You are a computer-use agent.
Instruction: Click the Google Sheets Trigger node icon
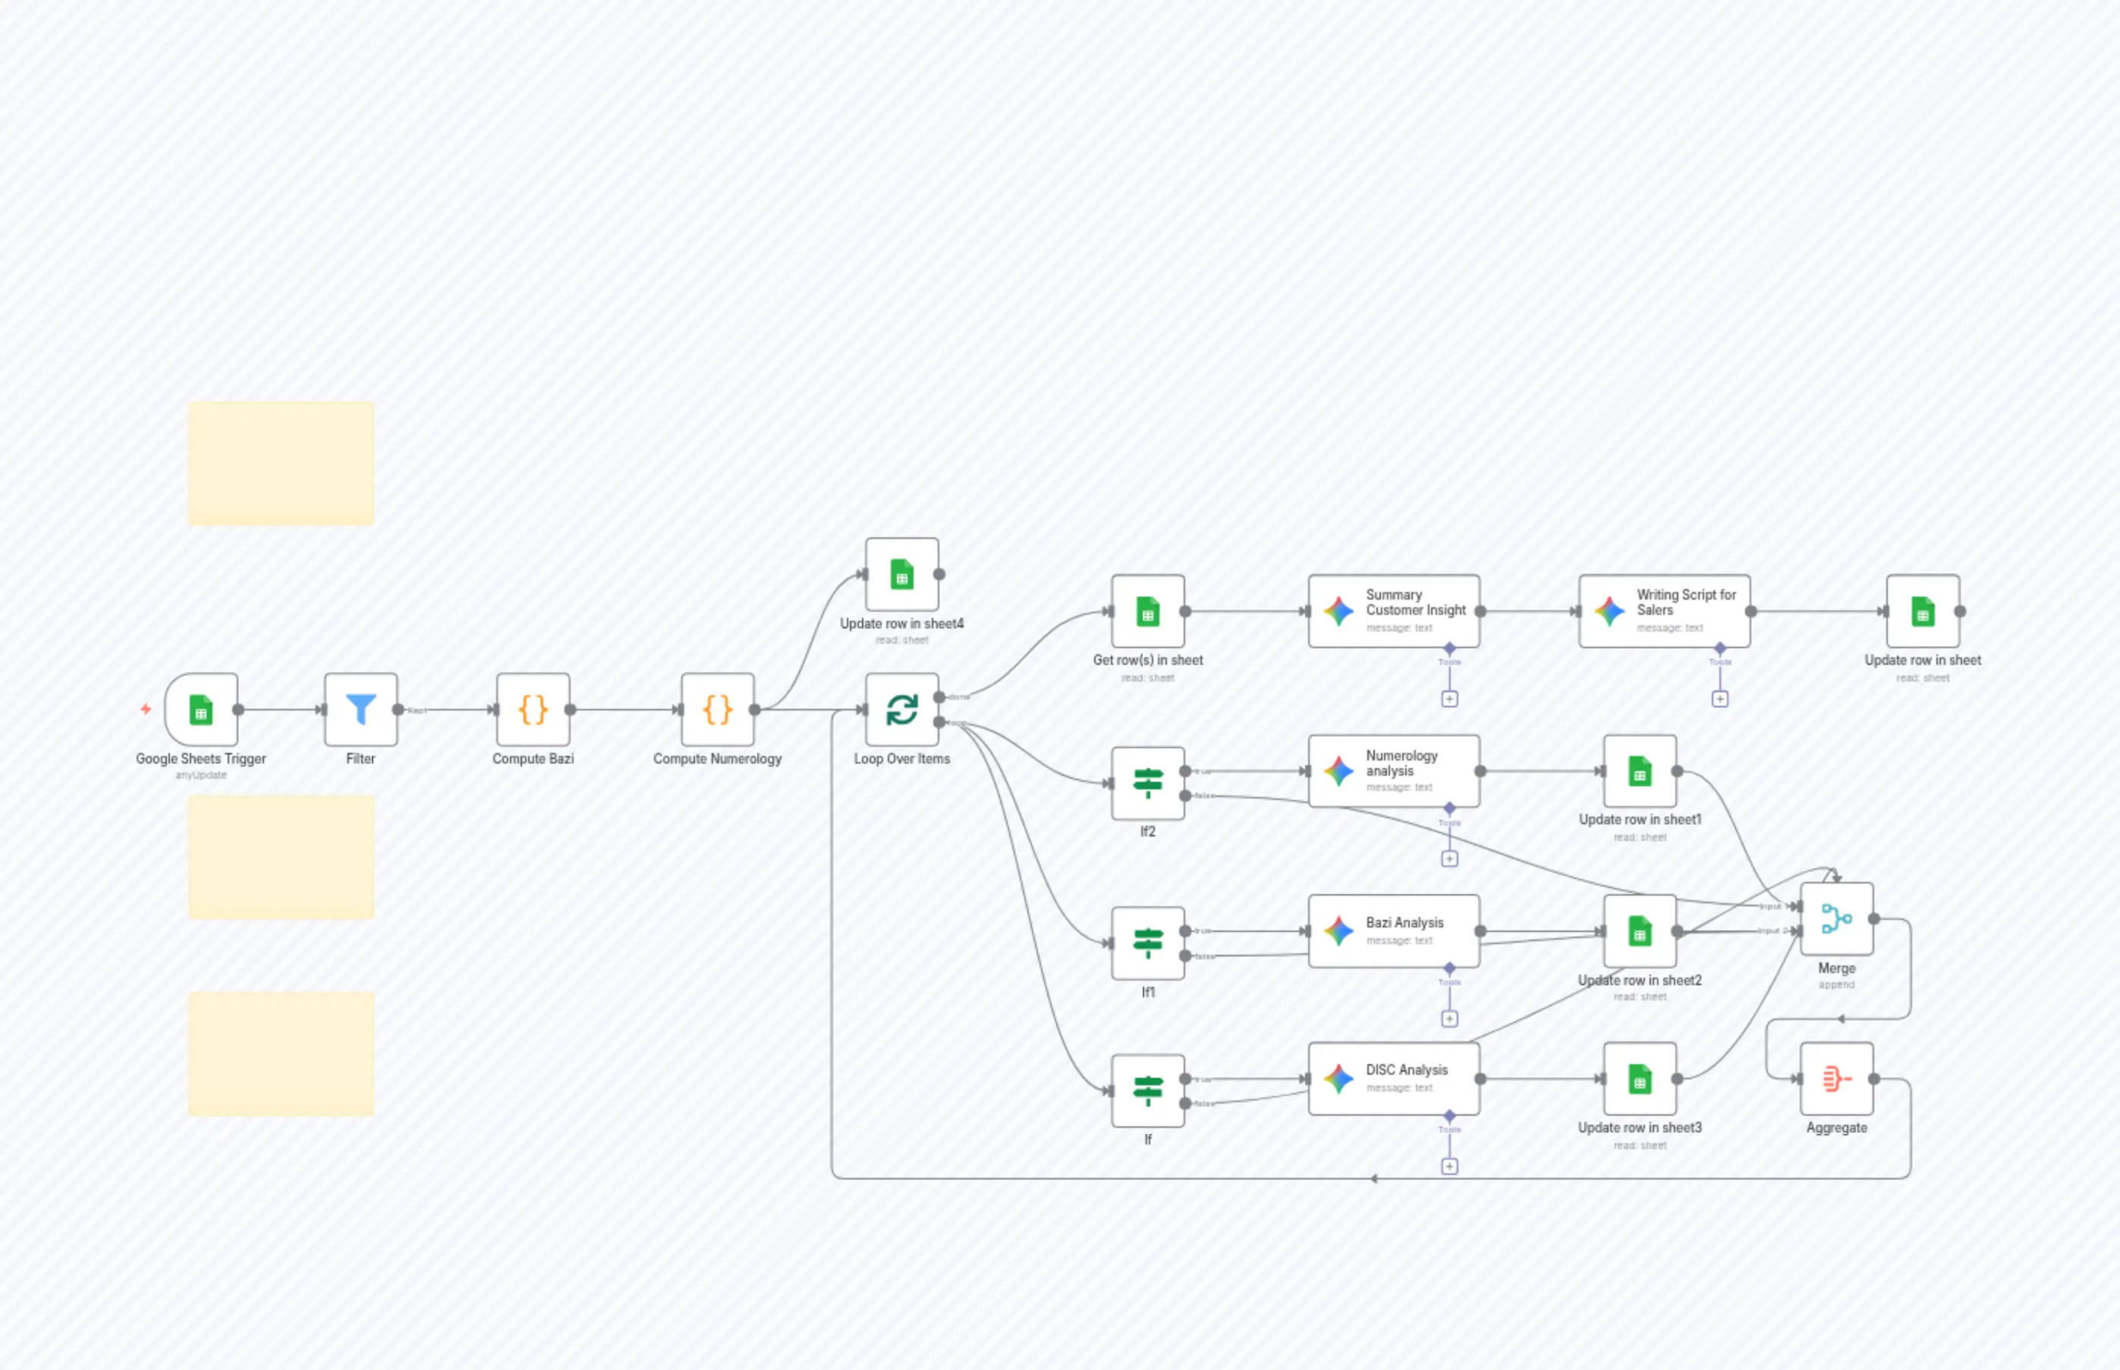(x=201, y=709)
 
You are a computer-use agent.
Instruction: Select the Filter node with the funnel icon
(x=360, y=709)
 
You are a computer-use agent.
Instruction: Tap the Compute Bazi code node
(x=533, y=709)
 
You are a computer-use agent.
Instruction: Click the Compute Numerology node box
(x=718, y=709)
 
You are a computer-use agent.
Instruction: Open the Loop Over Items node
(x=901, y=709)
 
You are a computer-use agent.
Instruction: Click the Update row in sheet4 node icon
(x=901, y=574)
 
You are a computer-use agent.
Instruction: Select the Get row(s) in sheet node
(x=1147, y=611)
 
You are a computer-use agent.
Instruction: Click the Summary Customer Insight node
(x=1393, y=611)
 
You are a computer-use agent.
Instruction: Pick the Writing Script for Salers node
(x=1664, y=611)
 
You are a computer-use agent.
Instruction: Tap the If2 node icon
(x=1147, y=783)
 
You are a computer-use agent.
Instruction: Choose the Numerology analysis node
(x=1393, y=770)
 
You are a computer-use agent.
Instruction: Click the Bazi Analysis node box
(x=1393, y=931)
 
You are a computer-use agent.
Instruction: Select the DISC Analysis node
(x=1393, y=1079)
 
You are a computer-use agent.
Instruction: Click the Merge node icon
(x=1836, y=918)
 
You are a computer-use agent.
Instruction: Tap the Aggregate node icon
(x=1836, y=1079)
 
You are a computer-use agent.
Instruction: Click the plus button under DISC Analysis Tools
(x=1449, y=1167)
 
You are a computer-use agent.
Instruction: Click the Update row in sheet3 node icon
(x=1640, y=1079)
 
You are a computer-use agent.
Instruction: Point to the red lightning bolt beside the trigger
(x=146, y=709)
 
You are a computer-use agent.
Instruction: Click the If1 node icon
(x=1147, y=943)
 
